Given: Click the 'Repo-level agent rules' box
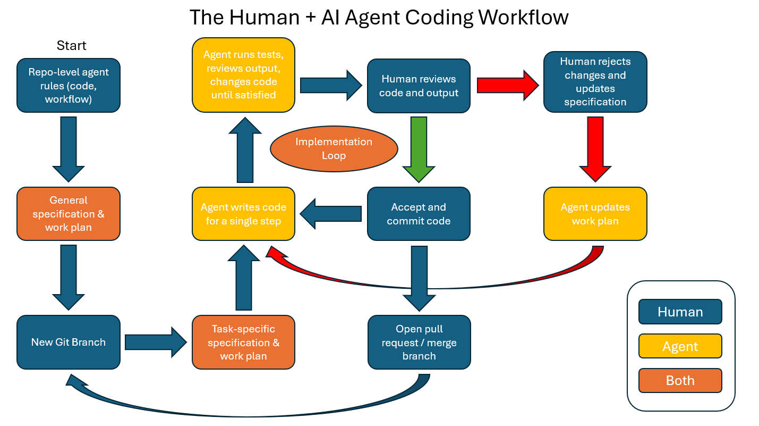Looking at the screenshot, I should (69, 86).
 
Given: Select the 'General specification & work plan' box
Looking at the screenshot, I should (69, 214).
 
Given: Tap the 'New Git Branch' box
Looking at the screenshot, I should (69, 342).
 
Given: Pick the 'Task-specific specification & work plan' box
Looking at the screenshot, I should (243, 342).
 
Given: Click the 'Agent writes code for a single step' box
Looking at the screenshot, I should (243, 214).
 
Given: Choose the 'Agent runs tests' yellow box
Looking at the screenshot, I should (243, 75).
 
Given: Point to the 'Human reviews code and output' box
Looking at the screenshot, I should (419, 86).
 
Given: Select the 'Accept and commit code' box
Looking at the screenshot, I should (419, 214).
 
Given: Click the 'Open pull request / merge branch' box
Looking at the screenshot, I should (419, 342).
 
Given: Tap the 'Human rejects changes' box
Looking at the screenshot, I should (595, 82).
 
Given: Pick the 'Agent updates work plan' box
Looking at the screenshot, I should (595, 214).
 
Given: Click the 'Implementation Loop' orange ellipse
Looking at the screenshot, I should (334, 149).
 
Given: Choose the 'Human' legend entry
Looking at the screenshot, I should (680, 312).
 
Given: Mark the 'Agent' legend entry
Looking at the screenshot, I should (680, 346).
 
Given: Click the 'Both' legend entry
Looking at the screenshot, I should (680, 380).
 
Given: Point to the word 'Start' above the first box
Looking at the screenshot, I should (71, 46).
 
